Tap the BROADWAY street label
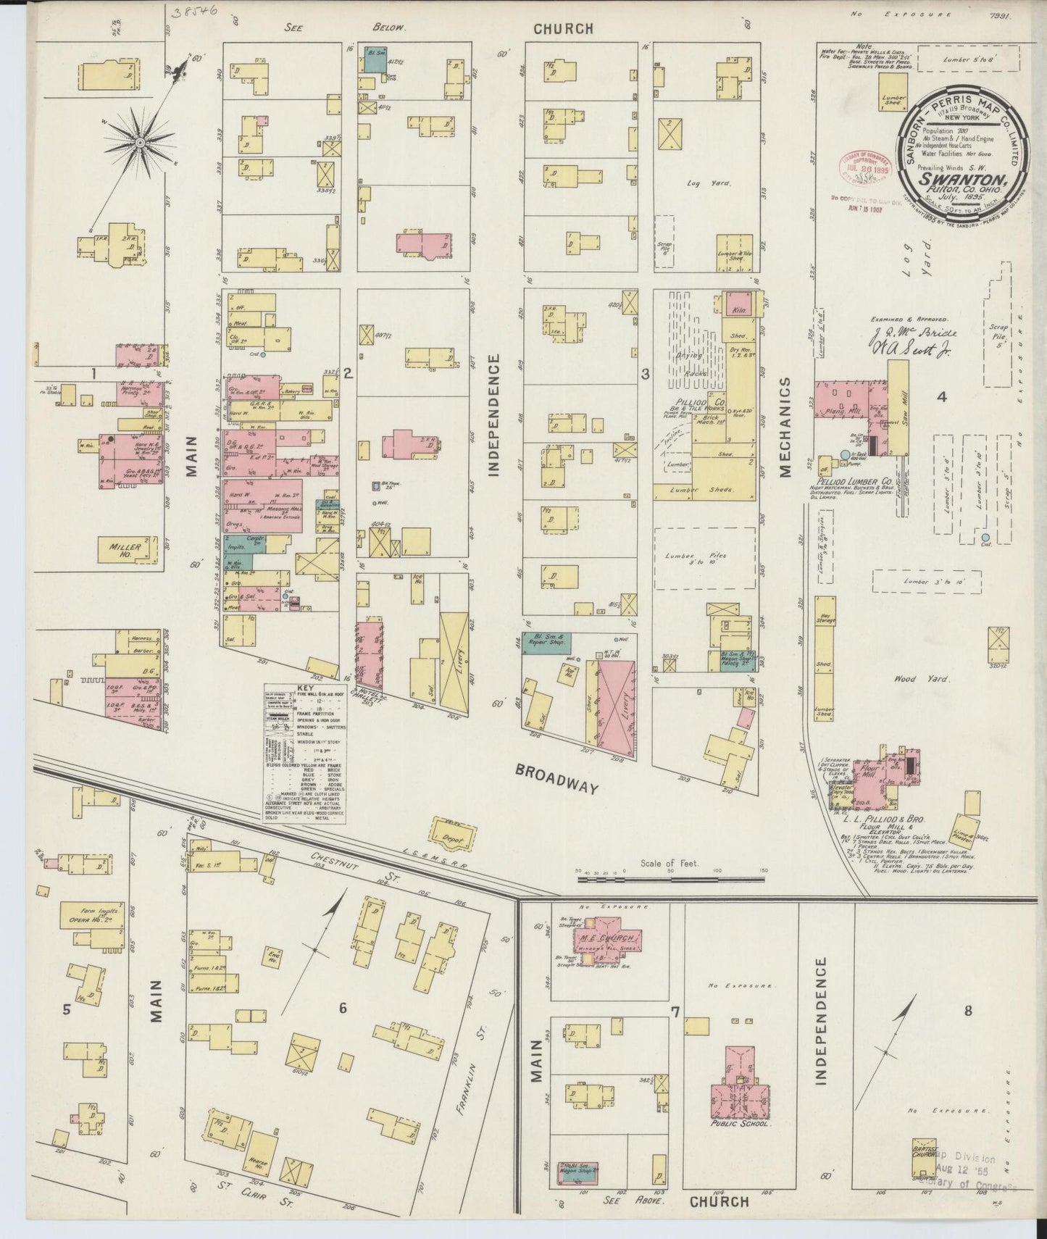pos(557,777)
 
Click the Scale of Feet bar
pos(670,879)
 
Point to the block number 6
pos(343,1008)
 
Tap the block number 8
pos(967,1011)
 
